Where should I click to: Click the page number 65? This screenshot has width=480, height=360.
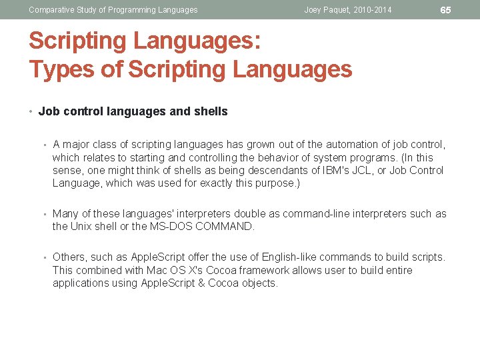(x=445, y=10)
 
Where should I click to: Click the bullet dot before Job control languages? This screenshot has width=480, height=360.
(x=32, y=111)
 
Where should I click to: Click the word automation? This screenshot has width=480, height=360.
(x=346, y=144)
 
